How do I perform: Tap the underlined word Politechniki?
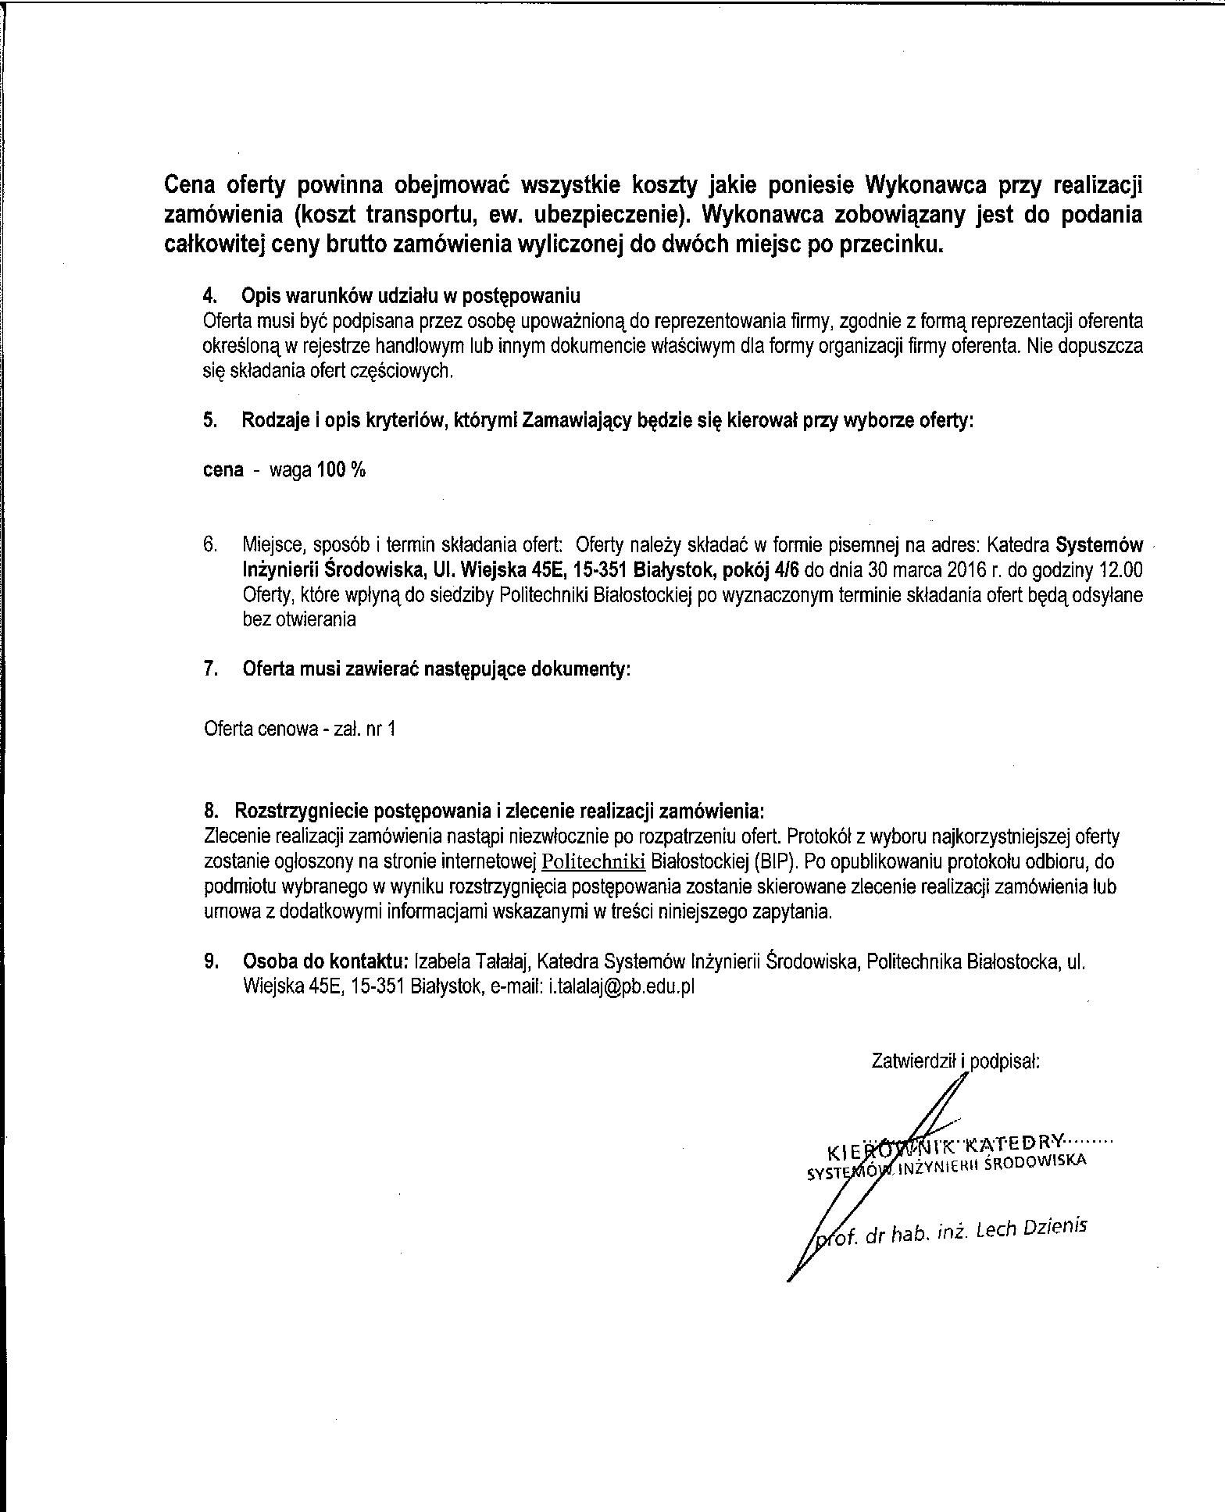[594, 861]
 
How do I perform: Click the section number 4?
[209, 296]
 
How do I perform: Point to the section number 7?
[209, 669]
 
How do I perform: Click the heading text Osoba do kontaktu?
[326, 961]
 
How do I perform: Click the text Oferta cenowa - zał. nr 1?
[299, 729]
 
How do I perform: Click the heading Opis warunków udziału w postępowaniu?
[411, 296]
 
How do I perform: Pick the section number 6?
[209, 544]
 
